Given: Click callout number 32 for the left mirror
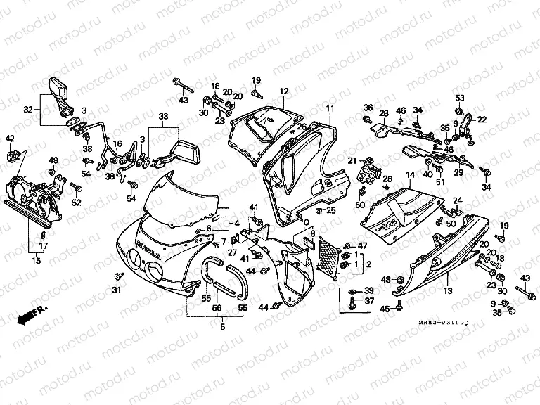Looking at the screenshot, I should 28,109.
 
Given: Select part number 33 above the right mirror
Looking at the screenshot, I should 163,116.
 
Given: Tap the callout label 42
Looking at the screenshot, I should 10,138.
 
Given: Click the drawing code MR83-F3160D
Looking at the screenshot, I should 444,322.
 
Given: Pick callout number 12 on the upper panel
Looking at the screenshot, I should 284,91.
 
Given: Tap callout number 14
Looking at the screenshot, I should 410,174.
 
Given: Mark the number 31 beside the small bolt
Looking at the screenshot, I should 117,291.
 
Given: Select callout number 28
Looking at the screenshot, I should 384,113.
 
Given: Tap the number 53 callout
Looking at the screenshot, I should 459,98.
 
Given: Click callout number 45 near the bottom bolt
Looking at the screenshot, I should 385,309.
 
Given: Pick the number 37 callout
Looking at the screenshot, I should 368,301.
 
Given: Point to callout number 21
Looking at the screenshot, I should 351,160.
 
